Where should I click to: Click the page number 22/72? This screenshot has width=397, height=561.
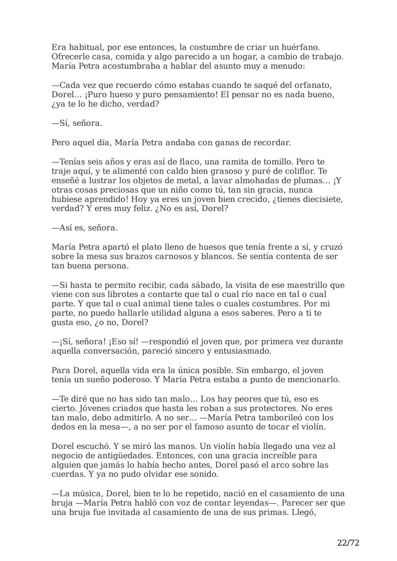(348, 543)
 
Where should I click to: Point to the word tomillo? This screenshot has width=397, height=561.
(278, 162)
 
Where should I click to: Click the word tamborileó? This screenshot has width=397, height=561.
(280, 418)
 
